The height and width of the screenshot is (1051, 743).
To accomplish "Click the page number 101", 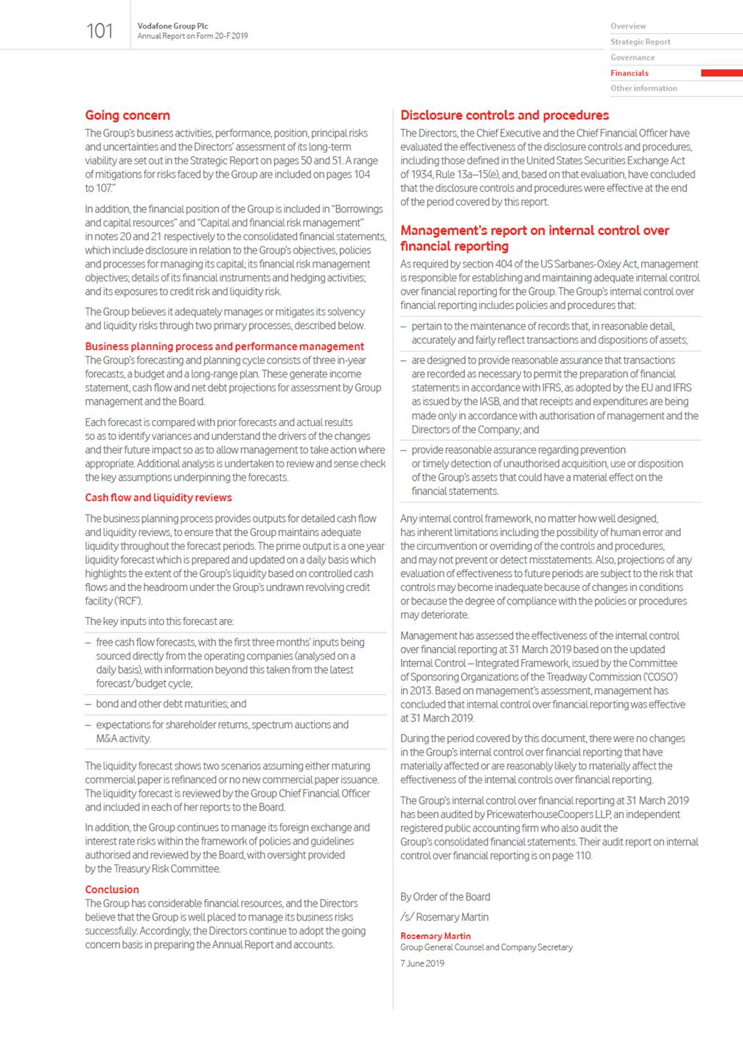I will coord(100,31).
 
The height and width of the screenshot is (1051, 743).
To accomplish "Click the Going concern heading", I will coord(128,115).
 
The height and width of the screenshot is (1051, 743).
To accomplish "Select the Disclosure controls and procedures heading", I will coord(504,115).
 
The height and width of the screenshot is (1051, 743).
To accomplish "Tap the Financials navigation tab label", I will coord(629,73).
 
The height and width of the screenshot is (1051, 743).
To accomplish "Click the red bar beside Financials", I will coord(721,73).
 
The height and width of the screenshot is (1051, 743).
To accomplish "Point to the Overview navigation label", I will coord(628,26).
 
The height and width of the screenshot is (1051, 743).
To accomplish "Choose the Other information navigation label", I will coord(643,88).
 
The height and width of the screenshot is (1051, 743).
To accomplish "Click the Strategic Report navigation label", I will coord(641,42).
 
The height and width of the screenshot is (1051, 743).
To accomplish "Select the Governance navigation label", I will coord(632,57).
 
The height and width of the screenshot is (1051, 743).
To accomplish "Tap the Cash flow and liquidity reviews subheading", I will coord(158,497).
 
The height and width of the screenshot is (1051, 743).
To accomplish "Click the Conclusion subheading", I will coord(112,890).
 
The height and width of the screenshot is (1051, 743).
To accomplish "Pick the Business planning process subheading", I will coord(224,346).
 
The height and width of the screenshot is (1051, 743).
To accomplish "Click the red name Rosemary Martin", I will coord(436,936).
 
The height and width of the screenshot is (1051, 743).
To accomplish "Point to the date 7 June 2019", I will coord(422,963).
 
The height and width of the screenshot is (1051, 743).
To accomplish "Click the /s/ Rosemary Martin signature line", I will coord(444,917).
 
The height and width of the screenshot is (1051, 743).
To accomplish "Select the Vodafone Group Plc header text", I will coord(172,26).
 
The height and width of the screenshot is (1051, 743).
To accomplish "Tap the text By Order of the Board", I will coord(445,897).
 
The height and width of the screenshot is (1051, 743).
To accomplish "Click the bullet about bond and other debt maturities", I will coord(171,704).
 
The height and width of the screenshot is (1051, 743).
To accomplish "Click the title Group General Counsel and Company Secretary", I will coord(486,947).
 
